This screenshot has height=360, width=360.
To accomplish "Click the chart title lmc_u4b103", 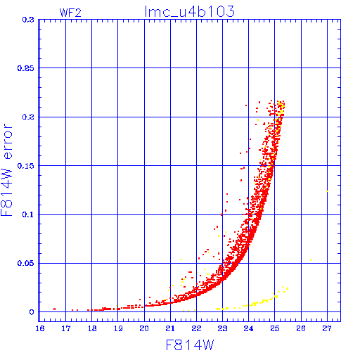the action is click(x=190, y=11).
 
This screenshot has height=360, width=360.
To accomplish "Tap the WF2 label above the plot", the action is click(x=70, y=13).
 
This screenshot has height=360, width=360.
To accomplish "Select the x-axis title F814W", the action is click(x=190, y=345).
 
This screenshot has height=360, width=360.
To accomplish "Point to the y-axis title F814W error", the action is click(x=6, y=169).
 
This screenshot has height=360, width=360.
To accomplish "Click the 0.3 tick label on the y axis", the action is click(x=28, y=20).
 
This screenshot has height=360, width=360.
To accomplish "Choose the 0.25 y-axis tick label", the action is click(x=26, y=68).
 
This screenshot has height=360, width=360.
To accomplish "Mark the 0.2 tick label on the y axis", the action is click(x=28, y=117).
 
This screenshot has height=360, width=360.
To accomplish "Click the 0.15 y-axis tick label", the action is click(x=26, y=166).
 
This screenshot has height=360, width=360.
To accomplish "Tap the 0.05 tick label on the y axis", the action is click(x=26, y=263).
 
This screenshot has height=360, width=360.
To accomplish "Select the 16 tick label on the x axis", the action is click(x=40, y=328).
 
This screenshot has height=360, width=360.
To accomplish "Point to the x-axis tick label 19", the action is click(x=118, y=328).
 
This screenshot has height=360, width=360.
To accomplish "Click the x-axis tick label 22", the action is click(x=196, y=328).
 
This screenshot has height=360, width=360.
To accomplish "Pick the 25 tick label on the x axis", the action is click(x=275, y=328).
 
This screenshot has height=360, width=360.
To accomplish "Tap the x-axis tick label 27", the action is click(x=327, y=328).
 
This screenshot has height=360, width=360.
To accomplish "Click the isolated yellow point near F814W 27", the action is click(x=327, y=191).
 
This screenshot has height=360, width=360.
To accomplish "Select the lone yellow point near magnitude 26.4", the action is click(x=311, y=260).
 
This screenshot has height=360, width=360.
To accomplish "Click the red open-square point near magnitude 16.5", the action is click(x=55, y=309).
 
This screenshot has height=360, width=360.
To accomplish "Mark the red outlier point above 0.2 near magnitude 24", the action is click(x=246, y=105).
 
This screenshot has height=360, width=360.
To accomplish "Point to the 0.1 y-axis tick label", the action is click(x=28, y=214).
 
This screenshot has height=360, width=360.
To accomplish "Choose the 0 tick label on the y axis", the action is click(x=32, y=312).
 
